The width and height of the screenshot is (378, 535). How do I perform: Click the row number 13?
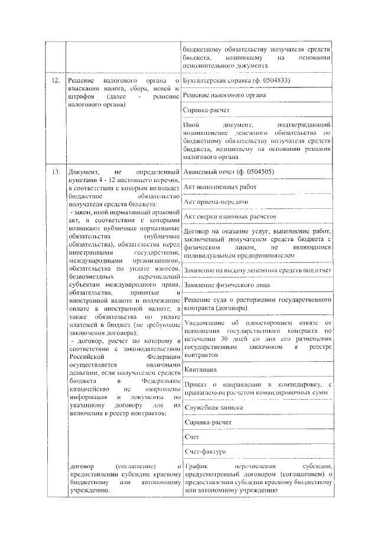(x=55, y=172)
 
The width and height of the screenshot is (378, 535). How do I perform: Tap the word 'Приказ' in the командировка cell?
(x=196, y=384)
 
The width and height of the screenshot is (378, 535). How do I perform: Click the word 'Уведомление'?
(x=207, y=323)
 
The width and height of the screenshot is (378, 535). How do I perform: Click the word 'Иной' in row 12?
(x=191, y=125)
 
